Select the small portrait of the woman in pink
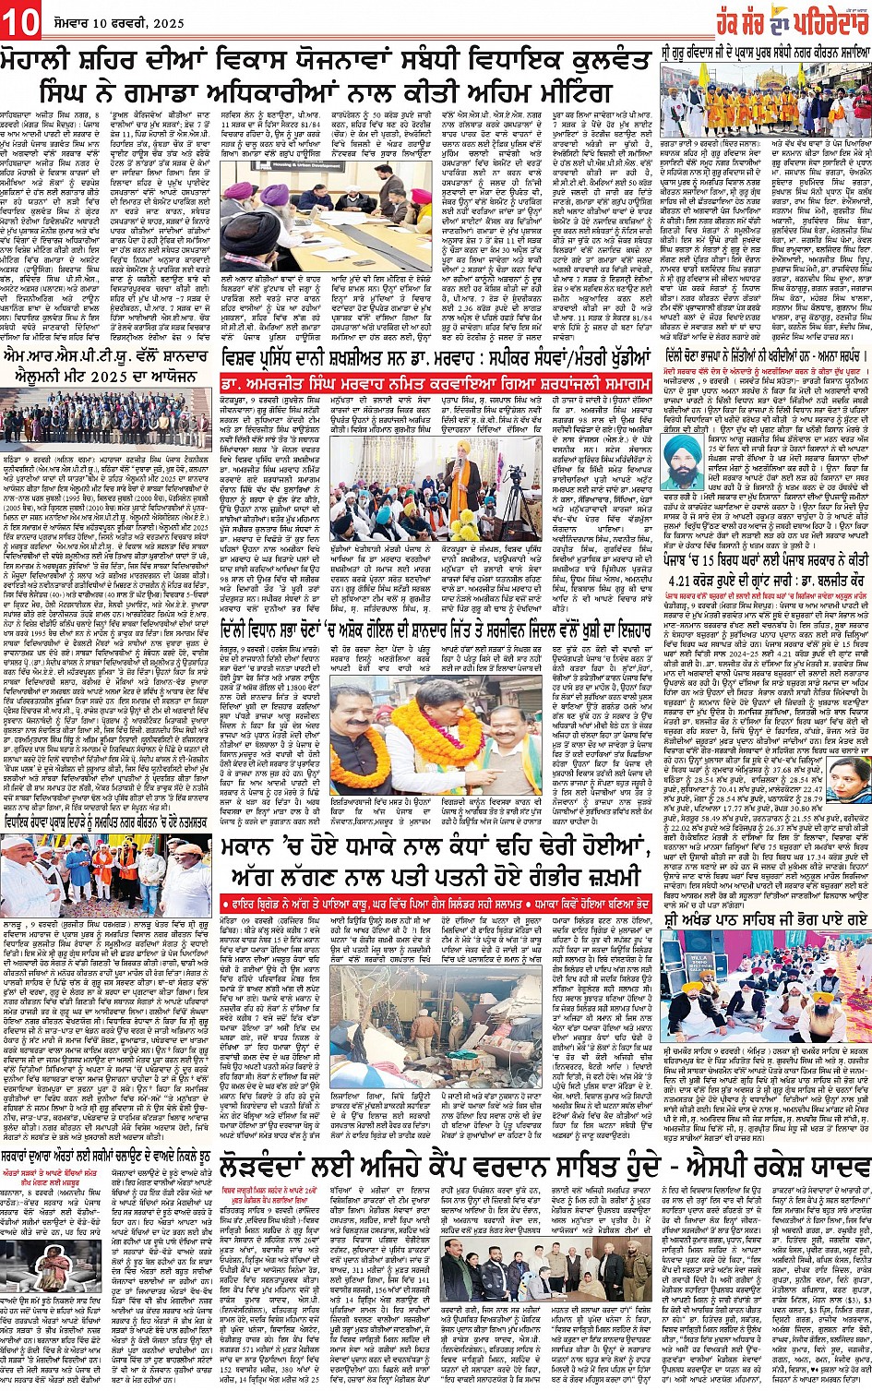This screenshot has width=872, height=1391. coord(848,778)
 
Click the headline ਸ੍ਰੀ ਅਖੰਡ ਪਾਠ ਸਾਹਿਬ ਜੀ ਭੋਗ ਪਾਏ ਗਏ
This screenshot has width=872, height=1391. coord(765,919)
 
